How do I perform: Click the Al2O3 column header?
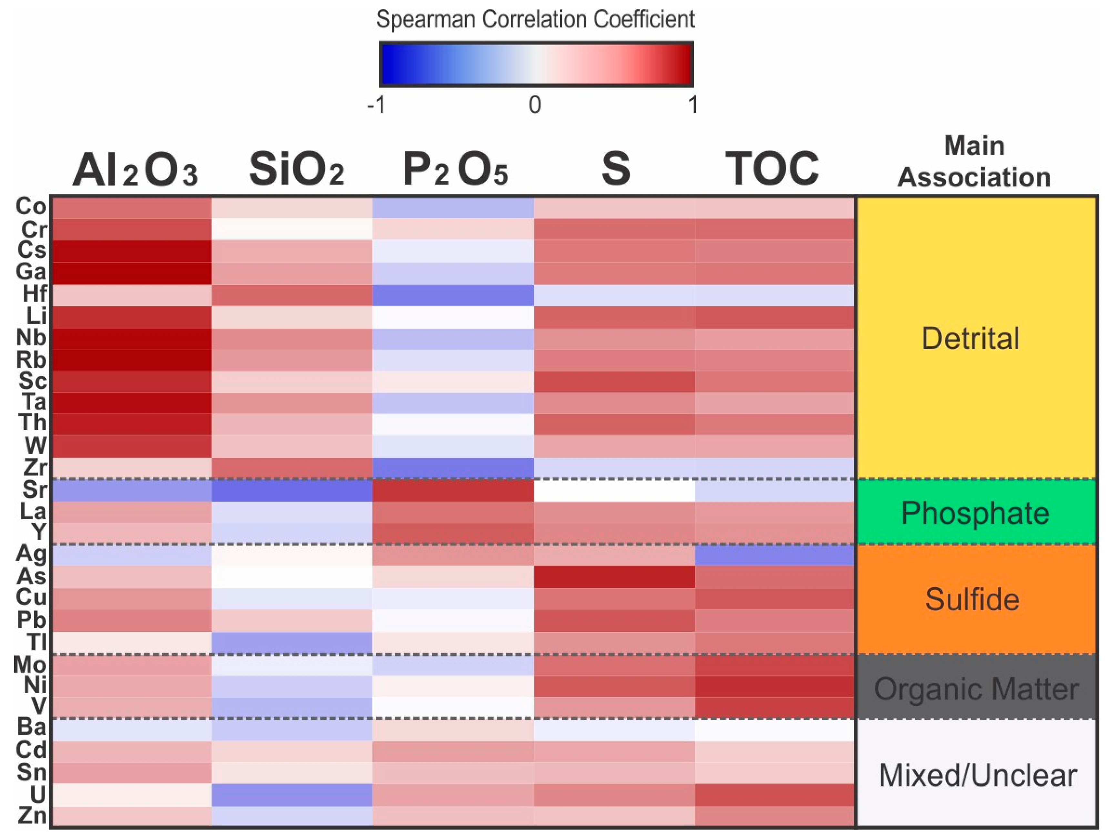[135, 170]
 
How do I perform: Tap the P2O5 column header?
[455, 170]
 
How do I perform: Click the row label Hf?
[35, 294]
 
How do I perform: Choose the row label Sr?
[35, 490]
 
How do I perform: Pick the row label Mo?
[30, 664]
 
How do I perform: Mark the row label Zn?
[32, 815]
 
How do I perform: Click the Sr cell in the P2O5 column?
[453, 490]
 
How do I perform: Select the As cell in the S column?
[614, 577]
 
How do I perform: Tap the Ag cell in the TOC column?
[774, 555]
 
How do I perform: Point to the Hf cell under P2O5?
[453, 295]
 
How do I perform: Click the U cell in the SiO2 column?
[292, 794]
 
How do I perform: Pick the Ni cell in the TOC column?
[774, 686]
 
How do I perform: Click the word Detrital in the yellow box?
[970, 338]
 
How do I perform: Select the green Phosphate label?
[975, 513]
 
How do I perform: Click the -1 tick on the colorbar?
[376, 105]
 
